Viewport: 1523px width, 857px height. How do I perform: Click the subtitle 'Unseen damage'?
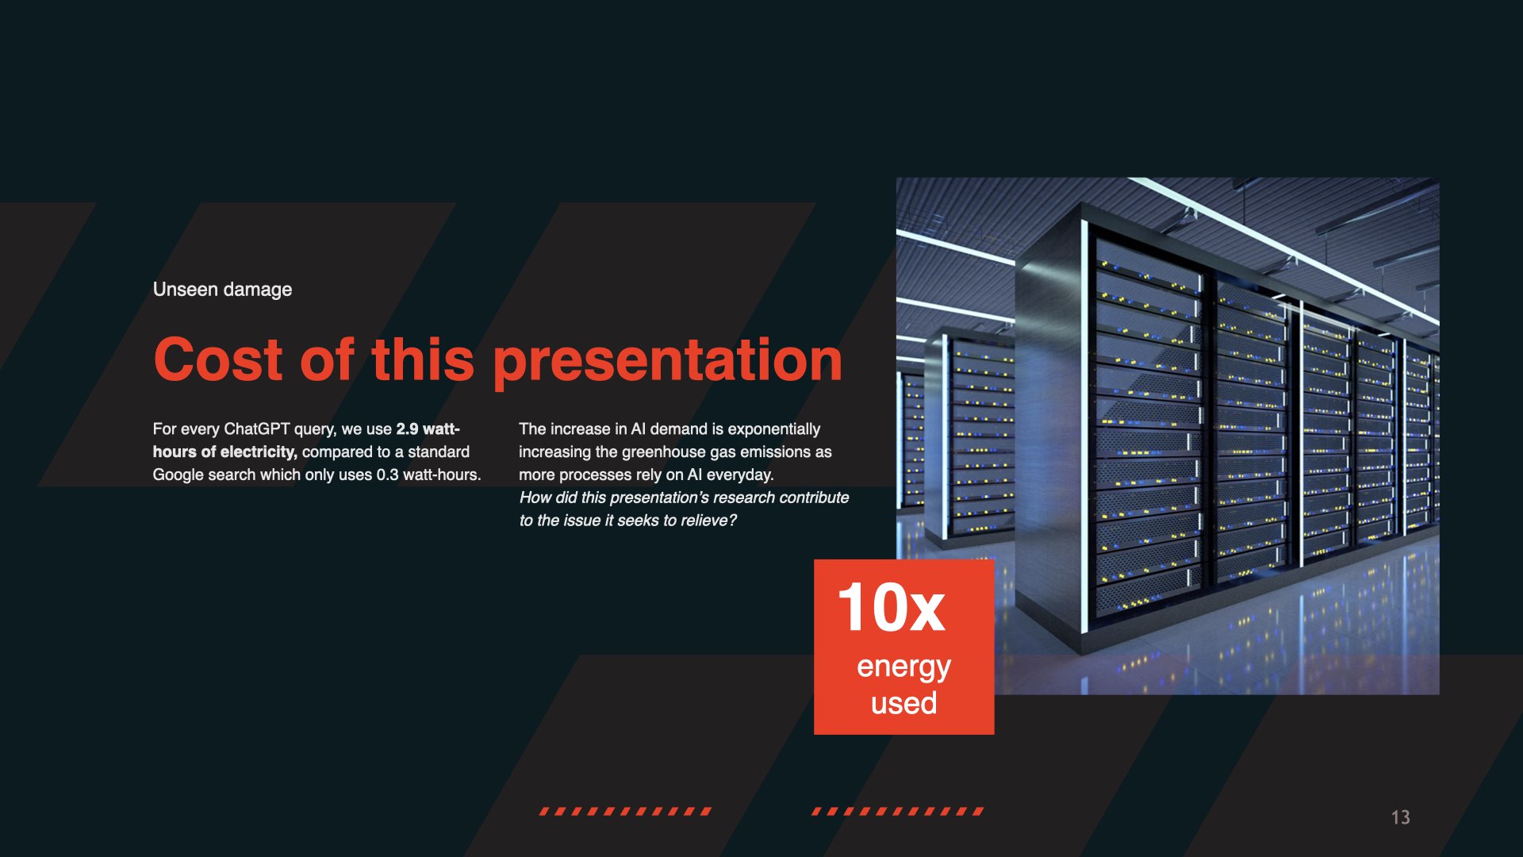[x=222, y=290]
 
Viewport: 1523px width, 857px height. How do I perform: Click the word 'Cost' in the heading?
[x=218, y=359]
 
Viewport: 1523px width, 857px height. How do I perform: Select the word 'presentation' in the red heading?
[x=668, y=362]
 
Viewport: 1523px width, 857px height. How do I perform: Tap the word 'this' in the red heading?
[x=423, y=359]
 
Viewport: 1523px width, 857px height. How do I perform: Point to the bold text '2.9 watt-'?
[x=428, y=429]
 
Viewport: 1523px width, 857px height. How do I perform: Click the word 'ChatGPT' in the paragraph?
[x=257, y=429]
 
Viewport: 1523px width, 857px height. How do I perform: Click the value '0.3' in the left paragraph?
[x=387, y=475]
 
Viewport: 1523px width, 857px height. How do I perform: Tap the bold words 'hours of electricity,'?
[x=225, y=452]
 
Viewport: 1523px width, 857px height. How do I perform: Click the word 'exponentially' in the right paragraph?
[x=774, y=430]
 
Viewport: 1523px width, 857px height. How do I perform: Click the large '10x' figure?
[x=892, y=607]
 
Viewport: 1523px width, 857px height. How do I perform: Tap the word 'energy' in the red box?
[x=903, y=668]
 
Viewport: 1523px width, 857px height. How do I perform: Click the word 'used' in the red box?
[x=903, y=703]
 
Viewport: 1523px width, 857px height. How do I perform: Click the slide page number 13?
[x=1401, y=817]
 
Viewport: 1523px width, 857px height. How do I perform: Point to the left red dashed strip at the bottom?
[x=626, y=811]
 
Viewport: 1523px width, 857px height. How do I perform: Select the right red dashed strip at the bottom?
[x=898, y=811]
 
